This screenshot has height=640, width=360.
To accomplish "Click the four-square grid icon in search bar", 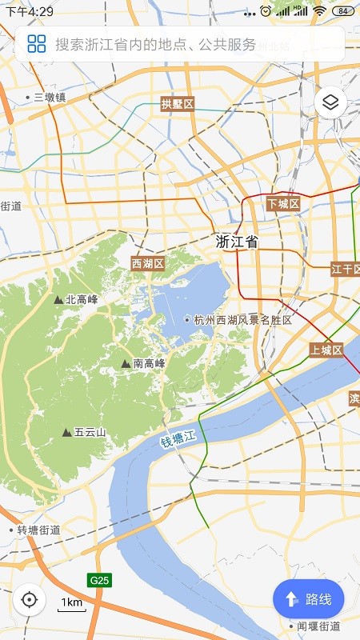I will click(x=36, y=44).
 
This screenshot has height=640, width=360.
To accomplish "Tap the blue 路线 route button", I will click(x=308, y=598).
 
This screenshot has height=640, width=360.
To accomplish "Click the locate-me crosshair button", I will click(x=30, y=599).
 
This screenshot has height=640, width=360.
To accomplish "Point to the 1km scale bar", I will click(x=71, y=605).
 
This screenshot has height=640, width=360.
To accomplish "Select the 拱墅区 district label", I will click(x=178, y=104).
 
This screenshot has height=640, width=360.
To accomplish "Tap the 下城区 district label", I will click(x=283, y=204).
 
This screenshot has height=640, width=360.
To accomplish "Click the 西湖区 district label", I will click(x=147, y=263).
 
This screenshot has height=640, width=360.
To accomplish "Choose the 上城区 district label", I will click(x=326, y=350).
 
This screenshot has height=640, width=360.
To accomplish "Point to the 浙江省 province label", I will click(x=237, y=242).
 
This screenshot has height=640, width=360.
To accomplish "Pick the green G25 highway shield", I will click(x=99, y=579).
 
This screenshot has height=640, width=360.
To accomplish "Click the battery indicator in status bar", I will click(x=343, y=11).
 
